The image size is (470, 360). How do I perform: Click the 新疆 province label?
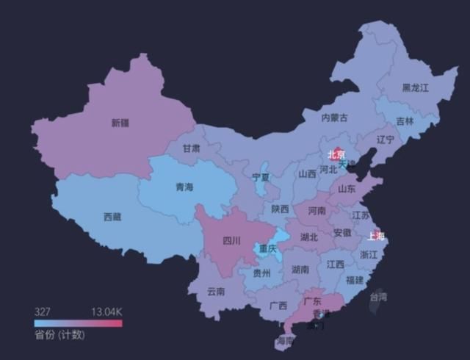tap(120, 123)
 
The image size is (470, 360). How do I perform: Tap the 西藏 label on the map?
tap(112, 217)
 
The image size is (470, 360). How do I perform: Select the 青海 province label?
tap(184, 187)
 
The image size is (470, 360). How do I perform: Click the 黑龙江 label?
tap(415, 87)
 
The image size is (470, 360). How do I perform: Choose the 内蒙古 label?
tap(334, 118)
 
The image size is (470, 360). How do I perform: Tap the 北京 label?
tap(336, 154)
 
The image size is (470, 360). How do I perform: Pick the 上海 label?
tap(375, 237)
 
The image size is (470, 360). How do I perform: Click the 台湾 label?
tap(377, 298)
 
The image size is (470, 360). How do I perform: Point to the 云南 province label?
tap(216, 291)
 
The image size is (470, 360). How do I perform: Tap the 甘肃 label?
tap(191, 148)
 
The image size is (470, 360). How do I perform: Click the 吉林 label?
tap(405, 121)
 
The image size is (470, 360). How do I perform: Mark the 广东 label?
tap(312, 301)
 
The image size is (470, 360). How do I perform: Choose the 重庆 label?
tap(268, 250)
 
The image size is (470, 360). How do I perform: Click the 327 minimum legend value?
tap(42, 312)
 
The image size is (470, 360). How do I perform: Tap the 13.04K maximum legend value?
tap(106, 312)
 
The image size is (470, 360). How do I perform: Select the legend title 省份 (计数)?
tap(59, 336)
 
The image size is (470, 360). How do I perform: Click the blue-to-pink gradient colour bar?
tap(77, 323)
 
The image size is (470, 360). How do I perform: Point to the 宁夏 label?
tap(261, 177)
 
